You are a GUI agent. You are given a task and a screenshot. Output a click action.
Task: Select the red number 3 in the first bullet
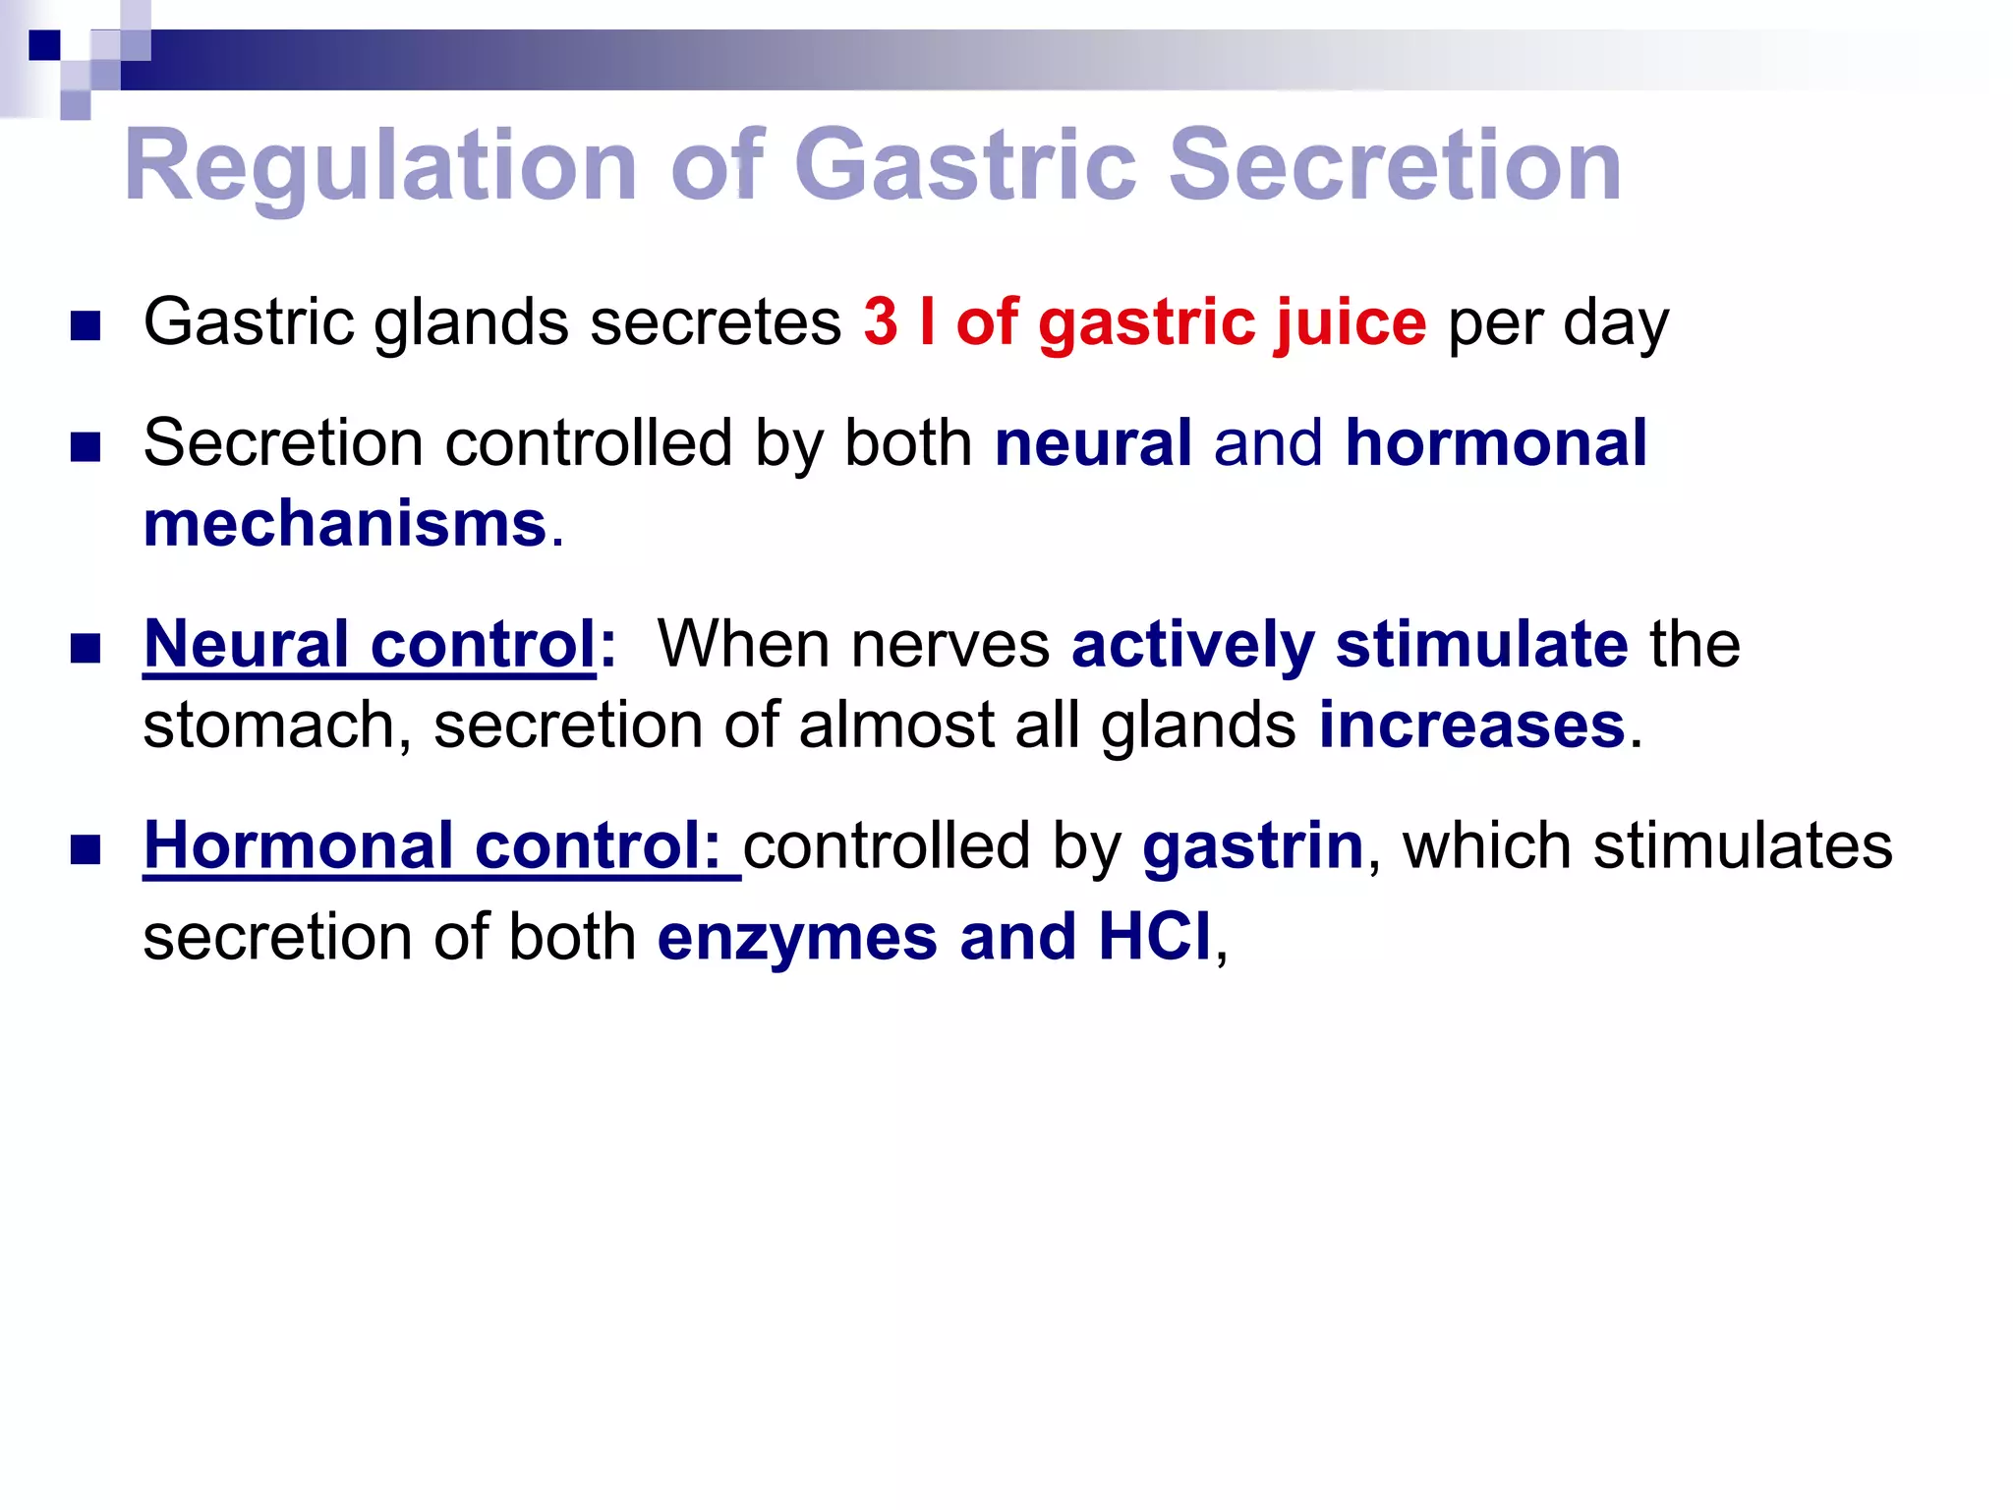[881, 322]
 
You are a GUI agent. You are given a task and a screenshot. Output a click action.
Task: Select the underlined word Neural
[246, 645]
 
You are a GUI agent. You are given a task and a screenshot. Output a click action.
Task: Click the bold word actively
[1192, 645]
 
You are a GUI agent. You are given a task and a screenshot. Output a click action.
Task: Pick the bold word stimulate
[1481, 645]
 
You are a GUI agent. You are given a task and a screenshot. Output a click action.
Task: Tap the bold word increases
[1471, 726]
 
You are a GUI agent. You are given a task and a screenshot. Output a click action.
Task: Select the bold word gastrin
[1252, 845]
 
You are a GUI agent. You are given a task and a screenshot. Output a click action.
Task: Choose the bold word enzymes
[797, 936]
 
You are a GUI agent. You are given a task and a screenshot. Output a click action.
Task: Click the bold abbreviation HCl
[1154, 936]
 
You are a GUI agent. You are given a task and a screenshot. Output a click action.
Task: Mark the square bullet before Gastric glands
[86, 325]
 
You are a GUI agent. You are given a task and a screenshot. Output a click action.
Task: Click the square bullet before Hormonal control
[86, 849]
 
